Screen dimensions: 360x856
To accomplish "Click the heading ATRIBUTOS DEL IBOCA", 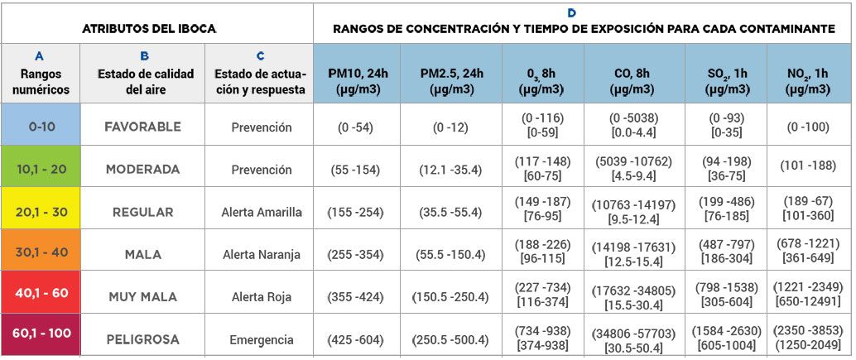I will (149, 28).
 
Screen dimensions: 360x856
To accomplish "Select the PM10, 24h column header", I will (357, 80).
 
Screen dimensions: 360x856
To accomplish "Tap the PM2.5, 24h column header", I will (450, 80).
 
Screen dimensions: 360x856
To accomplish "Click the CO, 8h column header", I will (634, 80).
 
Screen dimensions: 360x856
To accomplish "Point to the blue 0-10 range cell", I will (41, 127).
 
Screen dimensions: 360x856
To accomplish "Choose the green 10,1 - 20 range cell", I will (41, 169).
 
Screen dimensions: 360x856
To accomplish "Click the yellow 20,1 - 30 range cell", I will (41, 212).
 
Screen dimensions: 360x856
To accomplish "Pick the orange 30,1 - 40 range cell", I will (41, 254).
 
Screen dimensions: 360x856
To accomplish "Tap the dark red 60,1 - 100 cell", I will (41, 333).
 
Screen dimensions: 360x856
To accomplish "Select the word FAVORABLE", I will (142, 127).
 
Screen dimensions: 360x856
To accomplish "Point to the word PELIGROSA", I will (142, 339).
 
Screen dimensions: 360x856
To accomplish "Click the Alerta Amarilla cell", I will (262, 212).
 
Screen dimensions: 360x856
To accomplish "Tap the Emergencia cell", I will (262, 339).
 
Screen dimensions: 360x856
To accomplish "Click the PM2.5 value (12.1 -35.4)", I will (450, 170).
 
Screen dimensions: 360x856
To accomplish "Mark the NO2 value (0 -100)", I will (809, 127).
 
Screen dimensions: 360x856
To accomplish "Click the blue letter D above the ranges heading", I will (571, 13).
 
